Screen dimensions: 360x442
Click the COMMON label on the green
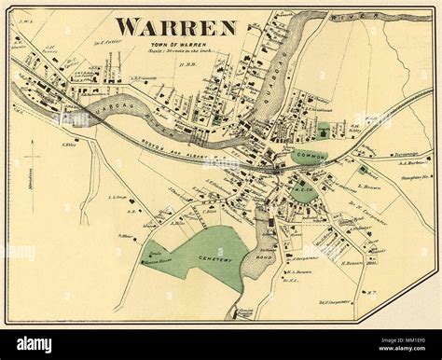point(310,156)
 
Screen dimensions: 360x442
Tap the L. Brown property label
point(371,187)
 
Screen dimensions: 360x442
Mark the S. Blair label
point(68,144)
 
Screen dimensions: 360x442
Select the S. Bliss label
point(127,237)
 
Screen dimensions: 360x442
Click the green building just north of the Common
point(323,130)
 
